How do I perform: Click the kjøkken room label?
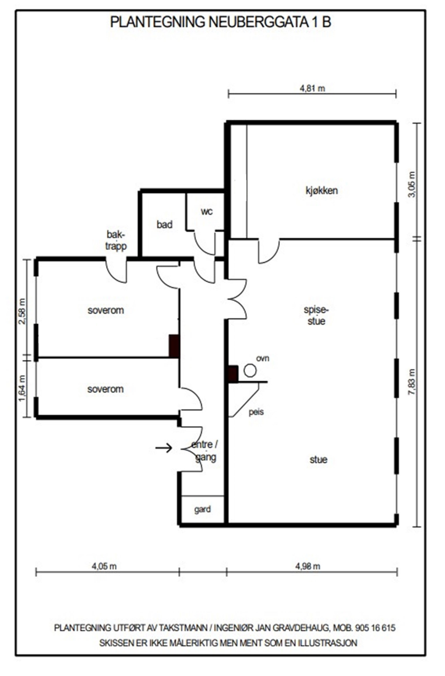pos(321,191)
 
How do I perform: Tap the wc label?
pos(207,211)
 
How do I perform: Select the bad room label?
pos(165,224)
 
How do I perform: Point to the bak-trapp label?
pos(116,240)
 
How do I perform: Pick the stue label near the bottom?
pos(318,460)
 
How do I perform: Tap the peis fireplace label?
pos(256,412)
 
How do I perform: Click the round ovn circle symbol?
pos(250,371)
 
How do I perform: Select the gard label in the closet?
pos(202,510)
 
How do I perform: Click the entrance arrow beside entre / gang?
pos(164,447)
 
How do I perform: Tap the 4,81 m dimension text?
pos(313,88)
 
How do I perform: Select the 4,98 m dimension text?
pos(307,566)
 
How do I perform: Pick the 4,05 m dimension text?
pos(104,566)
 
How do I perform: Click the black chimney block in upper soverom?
pos(174,346)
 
